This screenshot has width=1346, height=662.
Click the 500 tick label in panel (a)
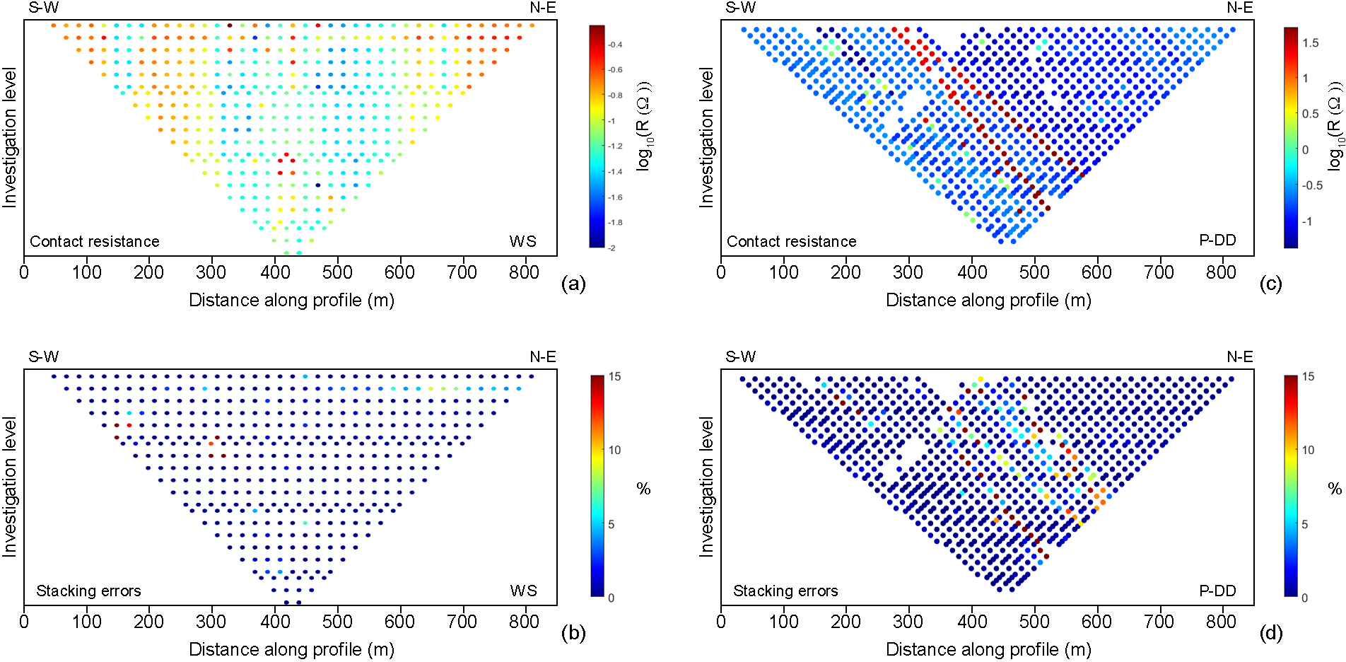click(337, 272)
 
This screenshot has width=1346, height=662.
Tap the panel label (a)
click(573, 284)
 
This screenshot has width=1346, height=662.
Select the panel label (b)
click(573, 633)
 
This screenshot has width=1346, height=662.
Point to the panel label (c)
click(1270, 284)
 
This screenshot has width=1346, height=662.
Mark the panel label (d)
click(1270, 633)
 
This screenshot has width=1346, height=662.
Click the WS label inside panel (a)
click(522, 241)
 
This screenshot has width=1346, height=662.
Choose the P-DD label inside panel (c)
click(1217, 240)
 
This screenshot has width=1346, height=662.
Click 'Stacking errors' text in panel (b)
click(88, 591)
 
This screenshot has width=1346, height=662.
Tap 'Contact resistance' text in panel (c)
click(791, 241)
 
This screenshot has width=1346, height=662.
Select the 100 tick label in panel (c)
click(783, 272)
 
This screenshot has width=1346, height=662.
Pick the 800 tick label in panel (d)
click(1221, 622)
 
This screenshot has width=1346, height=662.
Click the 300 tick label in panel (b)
click(211, 622)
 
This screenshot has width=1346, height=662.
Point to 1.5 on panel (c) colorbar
click(1311, 43)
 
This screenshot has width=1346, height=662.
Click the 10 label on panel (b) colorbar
click(615, 450)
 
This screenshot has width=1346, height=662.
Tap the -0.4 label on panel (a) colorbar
click(615, 45)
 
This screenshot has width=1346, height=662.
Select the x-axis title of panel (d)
click(988, 649)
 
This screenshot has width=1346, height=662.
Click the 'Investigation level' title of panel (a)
click(9, 137)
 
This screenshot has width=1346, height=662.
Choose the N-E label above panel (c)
click(1239, 8)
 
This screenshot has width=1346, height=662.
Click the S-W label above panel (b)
click(43, 357)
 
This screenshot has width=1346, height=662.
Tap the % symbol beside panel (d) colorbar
click(1334, 489)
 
